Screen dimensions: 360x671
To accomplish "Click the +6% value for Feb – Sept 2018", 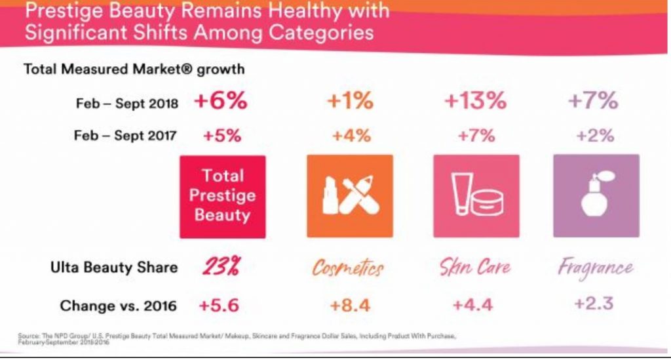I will coord(221,102).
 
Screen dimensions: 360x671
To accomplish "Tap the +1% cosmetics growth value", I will coord(349,102).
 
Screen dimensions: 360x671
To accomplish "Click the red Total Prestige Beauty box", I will coord(223,195).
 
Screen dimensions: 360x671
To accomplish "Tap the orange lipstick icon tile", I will coord(349,195).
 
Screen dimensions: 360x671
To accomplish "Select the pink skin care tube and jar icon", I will coord(476,195).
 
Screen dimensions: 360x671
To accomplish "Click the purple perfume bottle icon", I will coord(596,195).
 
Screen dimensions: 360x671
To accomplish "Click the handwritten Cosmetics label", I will coord(348,268).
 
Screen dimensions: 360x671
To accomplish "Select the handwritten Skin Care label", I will coord(474,268).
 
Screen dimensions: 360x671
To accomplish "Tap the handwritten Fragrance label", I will coord(595,268).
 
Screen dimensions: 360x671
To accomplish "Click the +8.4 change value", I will coord(349,306).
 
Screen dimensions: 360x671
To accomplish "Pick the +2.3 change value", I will coord(595,306).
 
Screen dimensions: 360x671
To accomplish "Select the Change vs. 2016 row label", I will coord(118,306).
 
